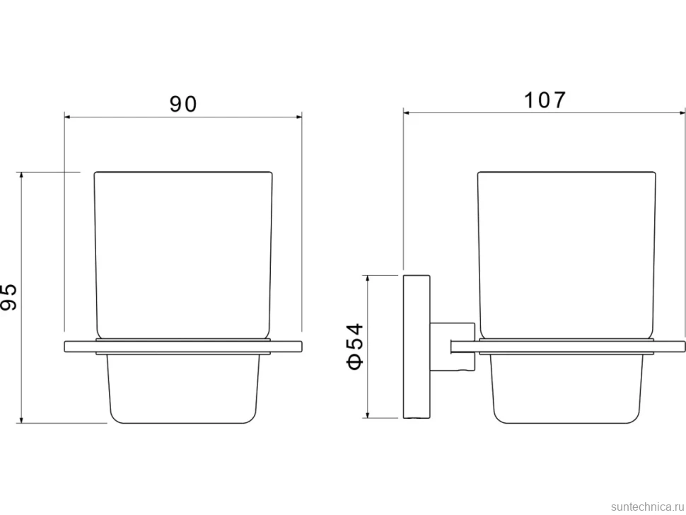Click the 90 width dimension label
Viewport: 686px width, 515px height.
coord(183,104)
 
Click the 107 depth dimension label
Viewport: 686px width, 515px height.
coord(545,100)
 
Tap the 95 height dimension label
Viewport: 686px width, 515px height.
coord(8,297)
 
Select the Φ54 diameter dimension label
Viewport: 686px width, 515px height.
coord(355,346)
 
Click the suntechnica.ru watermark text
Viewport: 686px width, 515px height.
coord(648,507)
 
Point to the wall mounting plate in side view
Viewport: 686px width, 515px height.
coord(416,347)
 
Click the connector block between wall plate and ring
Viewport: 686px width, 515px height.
coord(453,347)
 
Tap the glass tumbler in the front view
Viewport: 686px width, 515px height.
coord(183,255)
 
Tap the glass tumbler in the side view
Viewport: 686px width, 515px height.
coord(566,255)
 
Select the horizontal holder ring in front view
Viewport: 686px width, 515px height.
coord(183,346)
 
